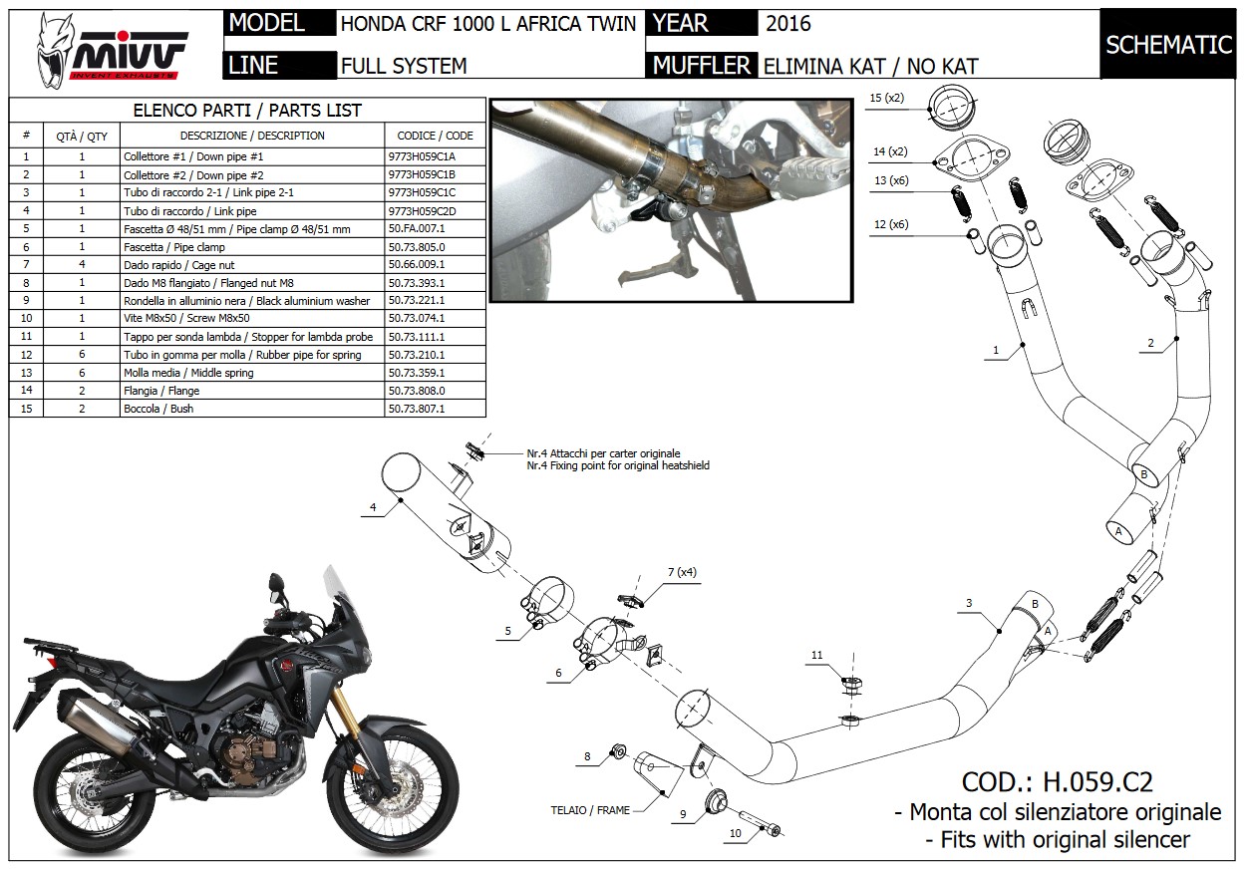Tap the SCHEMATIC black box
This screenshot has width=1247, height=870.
point(1168,44)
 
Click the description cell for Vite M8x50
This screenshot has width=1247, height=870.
point(251,319)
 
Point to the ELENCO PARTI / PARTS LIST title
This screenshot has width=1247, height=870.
point(247,111)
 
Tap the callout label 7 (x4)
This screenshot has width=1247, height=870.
point(683,572)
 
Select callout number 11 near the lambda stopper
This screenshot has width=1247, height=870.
point(817,655)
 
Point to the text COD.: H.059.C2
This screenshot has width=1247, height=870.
point(1057,782)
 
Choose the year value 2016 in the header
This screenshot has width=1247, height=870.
point(788,23)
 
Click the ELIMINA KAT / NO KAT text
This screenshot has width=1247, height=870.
point(870,67)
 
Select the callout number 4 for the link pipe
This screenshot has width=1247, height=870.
point(373,507)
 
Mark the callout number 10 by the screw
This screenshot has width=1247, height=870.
point(736,832)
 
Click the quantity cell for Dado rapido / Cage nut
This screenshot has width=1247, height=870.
point(82,265)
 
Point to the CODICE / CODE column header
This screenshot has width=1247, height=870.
point(435,136)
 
